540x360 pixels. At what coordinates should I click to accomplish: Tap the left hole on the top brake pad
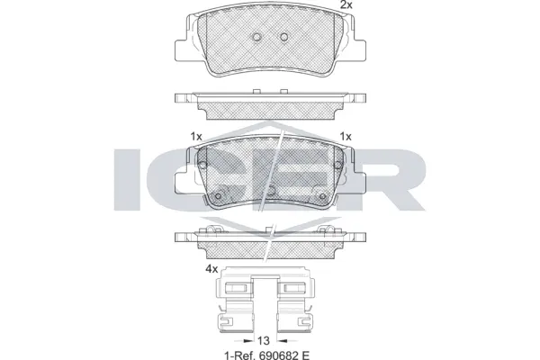point(257,38)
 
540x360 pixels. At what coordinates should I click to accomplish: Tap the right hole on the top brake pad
point(285,38)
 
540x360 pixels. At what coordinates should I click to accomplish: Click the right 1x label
point(345,136)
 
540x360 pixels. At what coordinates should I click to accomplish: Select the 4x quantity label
point(212,267)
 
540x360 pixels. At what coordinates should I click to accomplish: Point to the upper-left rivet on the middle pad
point(201,167)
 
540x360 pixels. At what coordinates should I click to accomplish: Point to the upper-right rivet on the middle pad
point(339,167)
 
